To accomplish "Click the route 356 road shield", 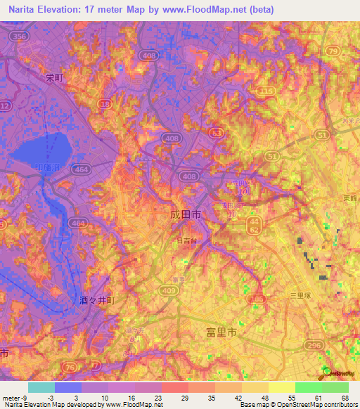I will (20, 36).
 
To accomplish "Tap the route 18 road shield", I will (105, 104).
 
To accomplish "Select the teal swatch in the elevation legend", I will (41, 387).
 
